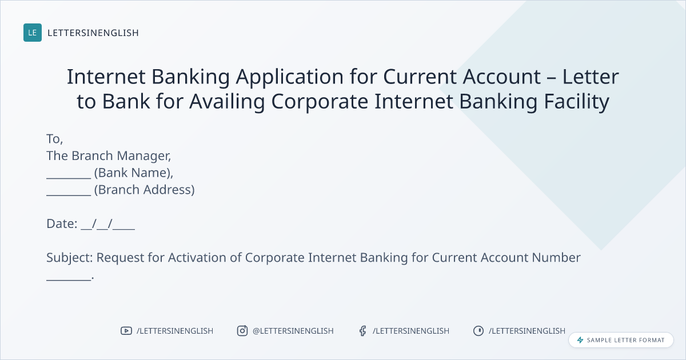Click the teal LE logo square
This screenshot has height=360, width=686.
tap(33, 33)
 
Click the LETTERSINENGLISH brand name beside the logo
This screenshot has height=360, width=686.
tap(93, 33)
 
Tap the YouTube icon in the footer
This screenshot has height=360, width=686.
tap(126, 331)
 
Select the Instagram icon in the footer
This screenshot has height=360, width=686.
tap(242, 331)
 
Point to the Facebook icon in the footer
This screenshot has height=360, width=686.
tap(363, 331)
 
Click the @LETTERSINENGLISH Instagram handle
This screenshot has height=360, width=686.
tap(293, 331)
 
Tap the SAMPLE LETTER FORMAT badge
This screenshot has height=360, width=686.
tap(621, 340)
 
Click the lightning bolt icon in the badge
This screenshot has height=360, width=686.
tap(580, 340)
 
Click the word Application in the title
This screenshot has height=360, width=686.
tap(290, 77)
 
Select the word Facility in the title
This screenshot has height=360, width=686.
tap(576, 102)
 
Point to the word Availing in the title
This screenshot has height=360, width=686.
tap(227, 102)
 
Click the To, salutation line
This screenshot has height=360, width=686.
tap(55, 139)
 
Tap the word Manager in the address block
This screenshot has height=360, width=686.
tap(144, 156)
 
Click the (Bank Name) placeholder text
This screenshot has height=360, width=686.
tap(134, 173)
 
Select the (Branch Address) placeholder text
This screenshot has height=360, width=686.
tap(144, 190)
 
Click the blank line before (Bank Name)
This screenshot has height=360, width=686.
tap(69, 178)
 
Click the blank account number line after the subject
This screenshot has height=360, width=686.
tap(69, 279)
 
